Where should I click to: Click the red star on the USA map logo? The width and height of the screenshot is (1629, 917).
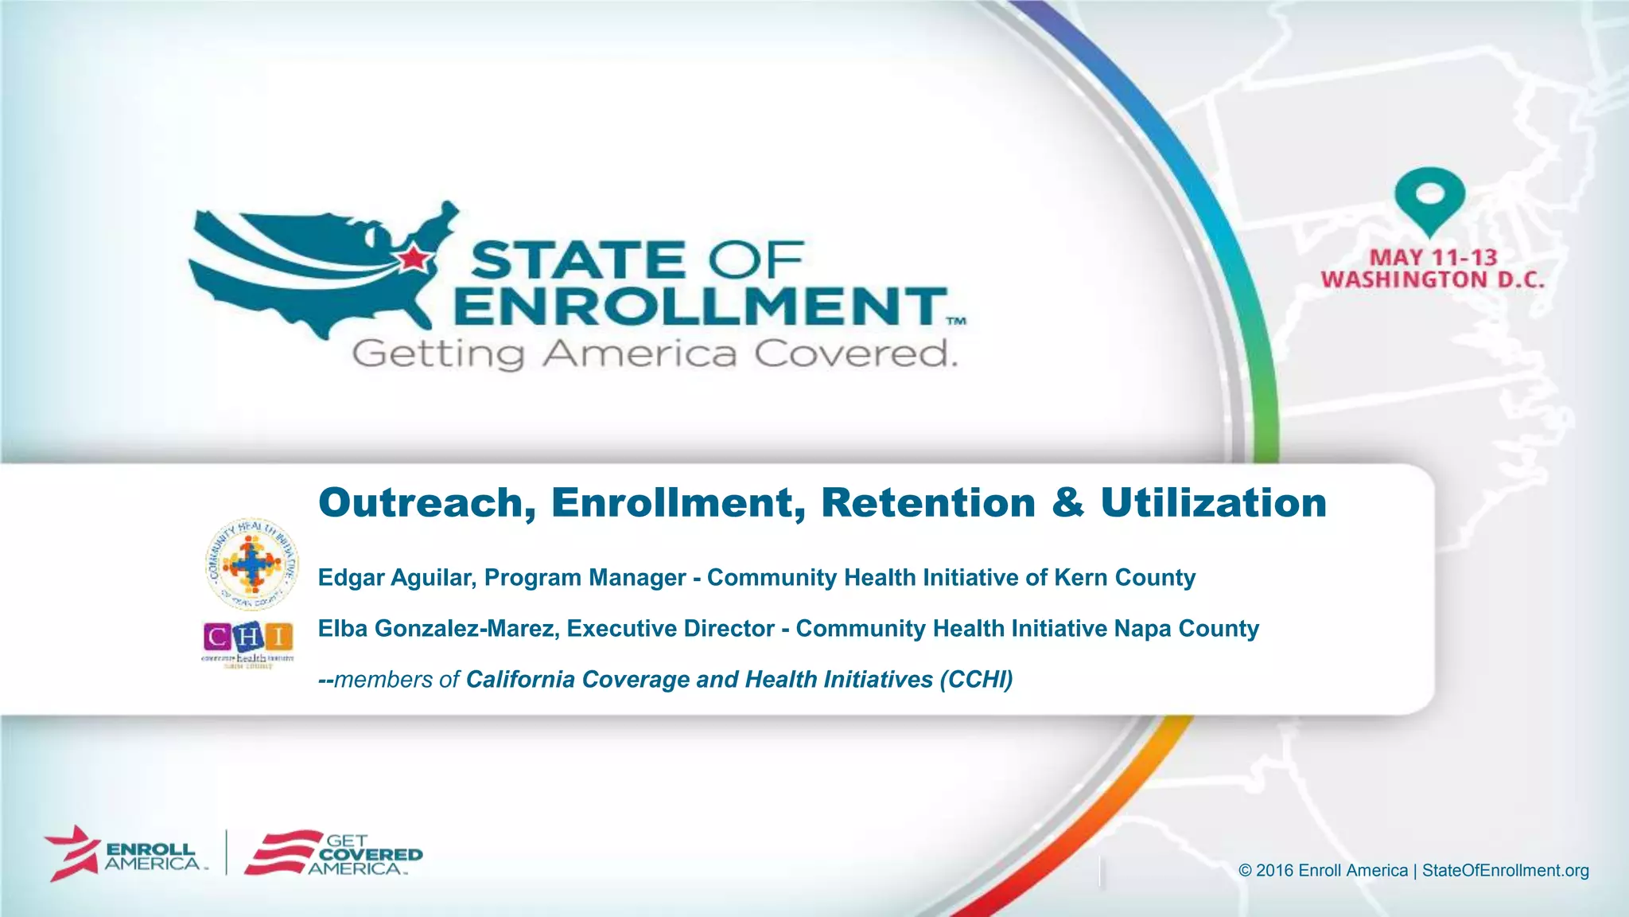[x=414, y=257]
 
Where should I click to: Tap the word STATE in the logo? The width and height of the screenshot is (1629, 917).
[x=577, y=261]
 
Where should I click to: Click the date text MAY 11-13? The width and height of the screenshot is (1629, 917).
[x=1433, y=258]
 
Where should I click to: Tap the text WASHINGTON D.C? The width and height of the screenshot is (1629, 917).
[x=1433, y=280]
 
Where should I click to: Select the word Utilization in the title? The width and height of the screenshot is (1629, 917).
[x=1213, y=503]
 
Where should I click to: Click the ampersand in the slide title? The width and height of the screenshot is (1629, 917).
[x=1067, y=503]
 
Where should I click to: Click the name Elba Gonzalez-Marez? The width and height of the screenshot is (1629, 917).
[x=438, y=629]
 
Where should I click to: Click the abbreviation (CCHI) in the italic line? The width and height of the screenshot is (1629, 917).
[x=976, y=680]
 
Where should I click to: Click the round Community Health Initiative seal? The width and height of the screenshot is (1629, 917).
[x=251, y=564]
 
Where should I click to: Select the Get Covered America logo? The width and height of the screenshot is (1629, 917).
[x=334, y=854]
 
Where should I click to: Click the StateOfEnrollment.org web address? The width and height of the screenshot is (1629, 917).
[x=1505, y=870]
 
